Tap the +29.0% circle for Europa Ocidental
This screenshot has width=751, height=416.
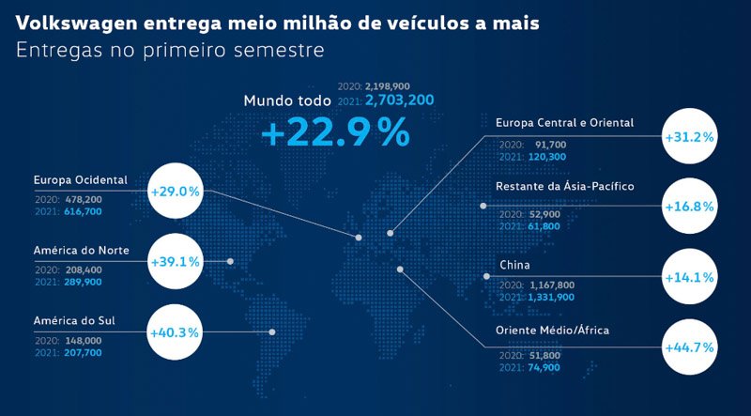176,192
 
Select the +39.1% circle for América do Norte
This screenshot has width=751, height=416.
176,262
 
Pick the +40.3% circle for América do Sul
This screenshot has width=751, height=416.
176,331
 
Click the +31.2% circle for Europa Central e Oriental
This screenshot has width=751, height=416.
689,137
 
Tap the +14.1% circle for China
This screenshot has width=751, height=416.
689,277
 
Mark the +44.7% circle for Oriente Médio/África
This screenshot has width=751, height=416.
689,347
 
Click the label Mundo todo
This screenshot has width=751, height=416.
287,100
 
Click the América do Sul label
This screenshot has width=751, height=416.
74,320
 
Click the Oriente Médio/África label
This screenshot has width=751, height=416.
552,331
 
